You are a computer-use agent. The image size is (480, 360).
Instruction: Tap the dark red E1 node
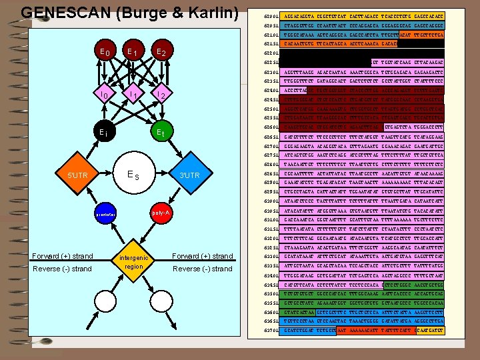point(132,52)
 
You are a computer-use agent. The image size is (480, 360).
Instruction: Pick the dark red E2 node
point(160,52)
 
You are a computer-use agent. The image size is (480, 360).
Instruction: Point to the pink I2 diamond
point(161,96)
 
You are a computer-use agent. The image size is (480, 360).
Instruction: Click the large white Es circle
point(133,175)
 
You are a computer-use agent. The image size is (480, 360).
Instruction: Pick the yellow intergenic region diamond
point(132,261)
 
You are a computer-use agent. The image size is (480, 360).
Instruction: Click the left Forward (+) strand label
point(63,256)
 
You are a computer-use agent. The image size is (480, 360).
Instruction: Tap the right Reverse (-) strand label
point(203,269)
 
